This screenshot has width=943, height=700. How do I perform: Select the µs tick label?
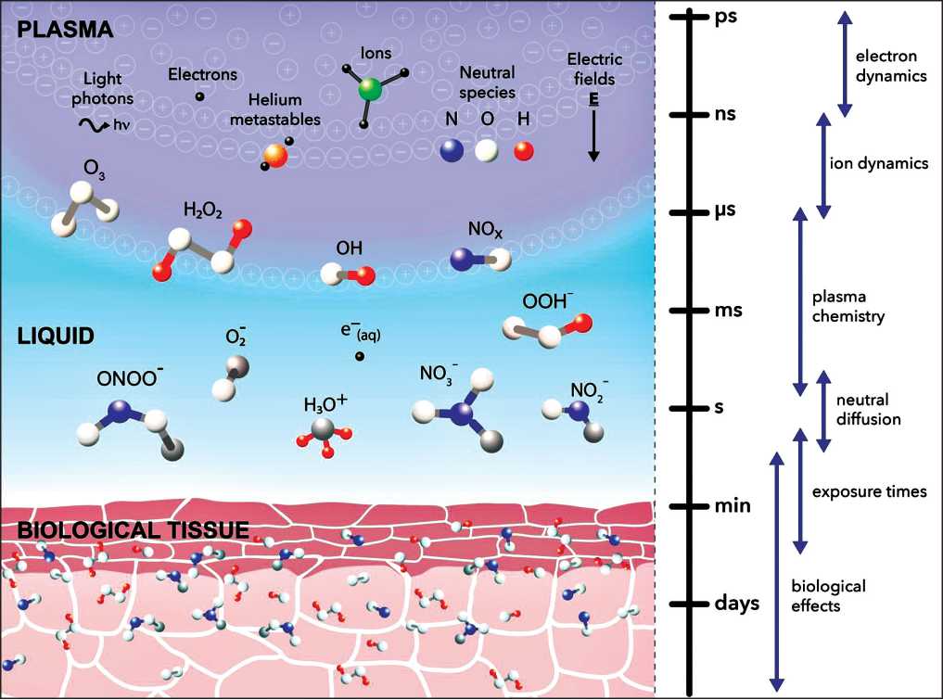pos(727,211)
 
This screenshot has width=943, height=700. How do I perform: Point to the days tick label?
pos(738,604)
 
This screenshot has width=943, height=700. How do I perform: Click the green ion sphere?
pos(370,90)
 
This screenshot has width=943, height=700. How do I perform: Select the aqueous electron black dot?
pos(359,356)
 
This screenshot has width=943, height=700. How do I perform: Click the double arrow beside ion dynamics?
pos(822,164)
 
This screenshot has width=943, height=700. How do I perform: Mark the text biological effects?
pos(828,596)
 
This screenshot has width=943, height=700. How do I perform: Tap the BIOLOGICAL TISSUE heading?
pos(133,530)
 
